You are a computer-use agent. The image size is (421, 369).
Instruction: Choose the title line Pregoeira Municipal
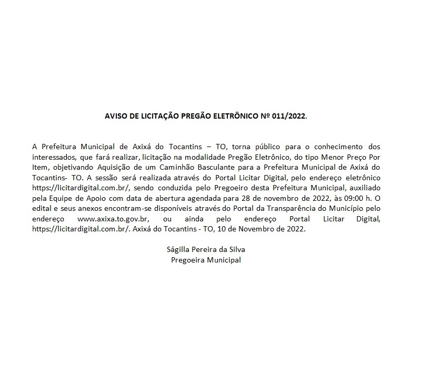(x=206, y=260)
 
